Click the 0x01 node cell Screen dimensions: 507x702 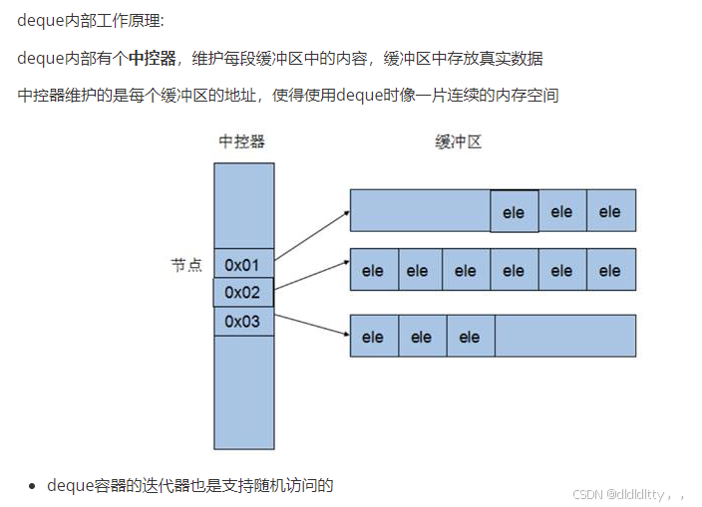click(243, 265)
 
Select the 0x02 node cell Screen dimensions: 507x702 click(243, 293)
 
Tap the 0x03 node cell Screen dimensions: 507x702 click(243, 322)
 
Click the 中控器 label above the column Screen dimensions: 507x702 click(242, 141)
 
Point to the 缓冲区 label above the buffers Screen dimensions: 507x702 click(459, 141)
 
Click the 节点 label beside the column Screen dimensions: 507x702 click(186, 265)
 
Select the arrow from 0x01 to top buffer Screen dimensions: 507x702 click(311, 235)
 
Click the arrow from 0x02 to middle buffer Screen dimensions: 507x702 click(311, 276)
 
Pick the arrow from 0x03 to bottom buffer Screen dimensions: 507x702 click(311, 328)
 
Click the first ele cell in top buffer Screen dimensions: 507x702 click(514, 212)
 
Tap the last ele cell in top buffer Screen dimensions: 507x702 click(610, 212)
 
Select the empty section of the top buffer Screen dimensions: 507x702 click(420, 211)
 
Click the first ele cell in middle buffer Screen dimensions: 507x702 click(373, 270)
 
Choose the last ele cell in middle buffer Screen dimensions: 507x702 click(610, 270)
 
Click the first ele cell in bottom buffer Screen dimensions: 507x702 click(373, 337)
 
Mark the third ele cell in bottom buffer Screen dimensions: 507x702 click(470, 337)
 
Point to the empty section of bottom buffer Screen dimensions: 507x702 click(564, 336)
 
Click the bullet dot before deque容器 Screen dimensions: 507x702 click(33, 486)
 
